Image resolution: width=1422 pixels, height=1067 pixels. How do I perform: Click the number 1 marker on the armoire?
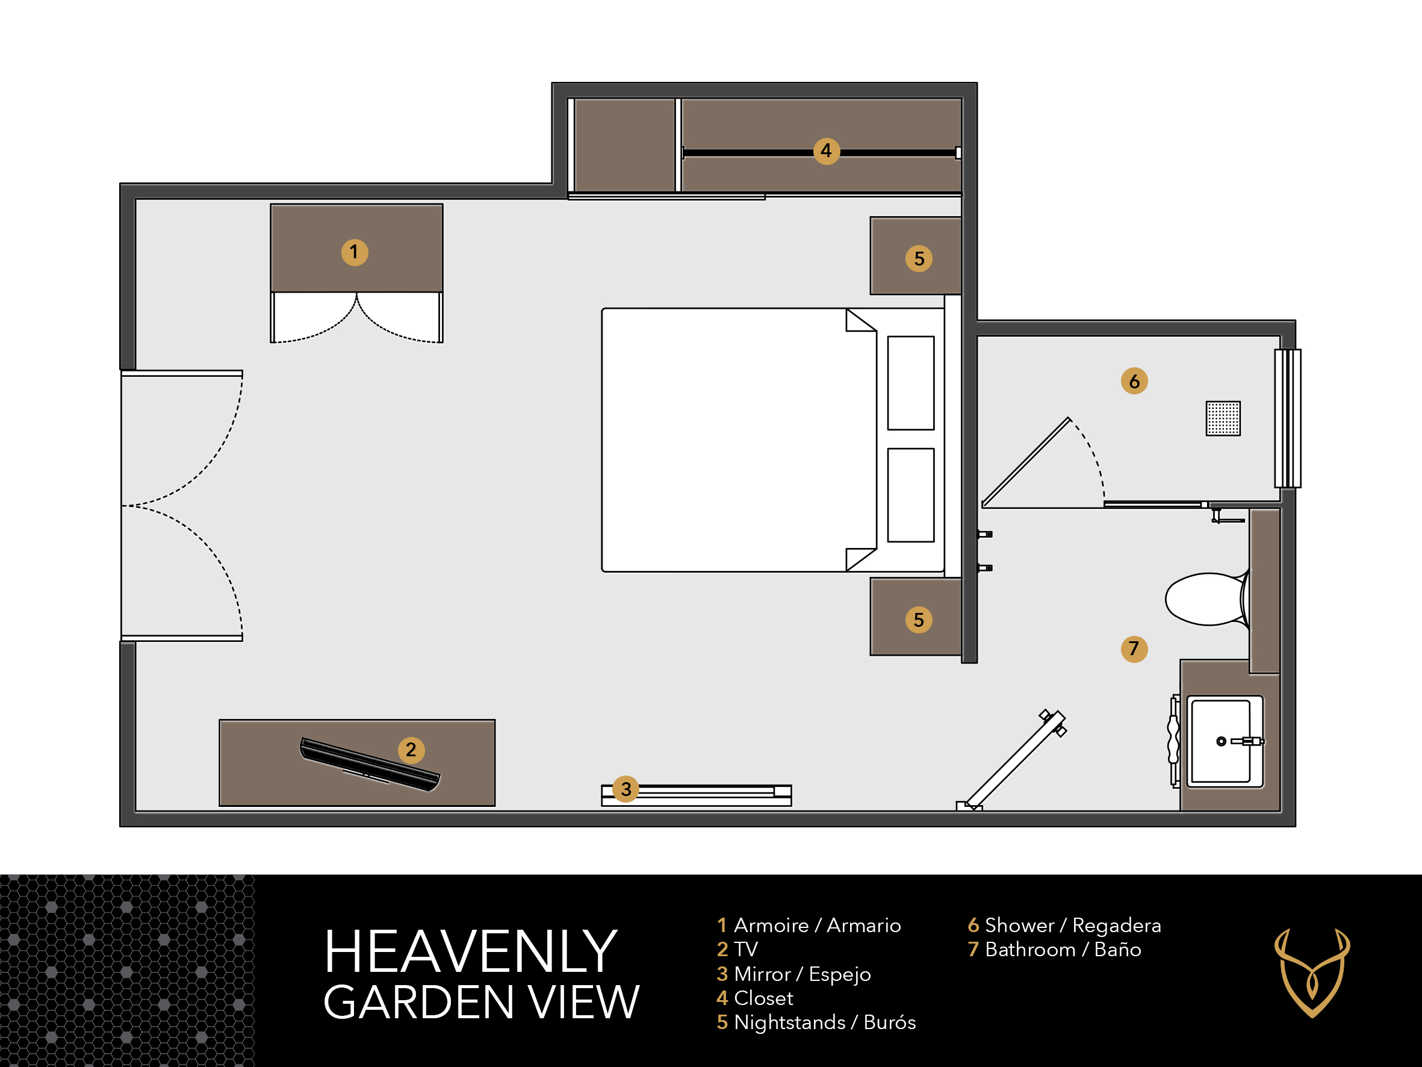click(x=354, y=252)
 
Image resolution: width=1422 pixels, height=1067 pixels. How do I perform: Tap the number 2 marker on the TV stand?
click(x=411, y=750)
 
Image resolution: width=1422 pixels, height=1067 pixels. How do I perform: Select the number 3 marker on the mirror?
click(x=626, y=789)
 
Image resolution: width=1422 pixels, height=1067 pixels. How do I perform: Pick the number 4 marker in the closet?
click(x=826, y=151)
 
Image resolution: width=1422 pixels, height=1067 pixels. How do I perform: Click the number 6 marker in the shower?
click(x=1134, y=381)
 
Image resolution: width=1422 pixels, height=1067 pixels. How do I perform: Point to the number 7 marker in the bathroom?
click(x=1134, y=649)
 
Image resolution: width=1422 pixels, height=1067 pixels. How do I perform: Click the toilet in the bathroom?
click(x=1207, y=599)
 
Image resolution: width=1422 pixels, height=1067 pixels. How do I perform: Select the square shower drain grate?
click(x=1223, y=418)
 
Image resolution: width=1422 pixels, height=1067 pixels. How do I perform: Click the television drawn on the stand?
click(x=370, y=764)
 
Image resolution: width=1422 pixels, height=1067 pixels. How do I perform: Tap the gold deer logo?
click(x=1312, y=972)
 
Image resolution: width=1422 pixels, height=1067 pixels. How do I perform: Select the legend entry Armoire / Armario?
click(x=809, y=925)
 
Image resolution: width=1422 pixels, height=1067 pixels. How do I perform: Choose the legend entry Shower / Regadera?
click(x=1064, y=925)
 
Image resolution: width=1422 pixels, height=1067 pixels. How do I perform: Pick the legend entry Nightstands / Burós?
click(x=816, y=1022)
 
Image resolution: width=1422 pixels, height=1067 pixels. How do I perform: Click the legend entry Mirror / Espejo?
click(x=793, y=974)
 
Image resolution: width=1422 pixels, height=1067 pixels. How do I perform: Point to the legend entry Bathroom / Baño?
click(x=1054, y=950)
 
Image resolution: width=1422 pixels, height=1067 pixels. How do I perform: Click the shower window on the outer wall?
click(x=1288, y=418)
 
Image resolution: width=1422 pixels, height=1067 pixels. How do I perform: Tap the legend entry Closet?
click(x=755, y=998)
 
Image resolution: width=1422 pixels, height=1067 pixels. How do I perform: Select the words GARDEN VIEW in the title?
click(x=481, y=1003)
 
